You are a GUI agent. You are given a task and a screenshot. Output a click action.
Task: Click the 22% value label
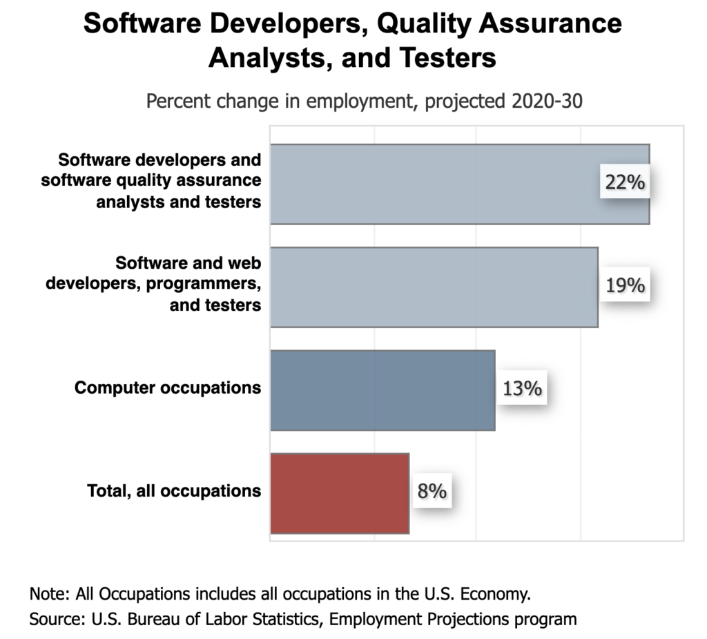[624, 182]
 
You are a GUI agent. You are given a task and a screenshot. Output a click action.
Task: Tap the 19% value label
[624, 285]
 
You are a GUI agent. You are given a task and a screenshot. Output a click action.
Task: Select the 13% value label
[522, 388]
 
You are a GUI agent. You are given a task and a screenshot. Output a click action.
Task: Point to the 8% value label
[432, 491]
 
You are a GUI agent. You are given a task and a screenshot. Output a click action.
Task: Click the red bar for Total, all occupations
[340, 493]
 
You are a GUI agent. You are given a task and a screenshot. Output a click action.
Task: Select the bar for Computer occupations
[382, 390]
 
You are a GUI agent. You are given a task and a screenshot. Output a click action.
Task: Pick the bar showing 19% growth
[434, 287]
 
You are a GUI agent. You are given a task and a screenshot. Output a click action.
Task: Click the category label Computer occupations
[168, 388]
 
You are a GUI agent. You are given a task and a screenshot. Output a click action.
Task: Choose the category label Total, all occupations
[174, 491]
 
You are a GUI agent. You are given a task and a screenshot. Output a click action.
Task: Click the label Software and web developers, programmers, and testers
[153, 284]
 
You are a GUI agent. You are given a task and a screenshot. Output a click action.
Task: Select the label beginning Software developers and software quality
[151, 181]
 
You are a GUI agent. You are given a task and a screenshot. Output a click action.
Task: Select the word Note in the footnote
[45, 594]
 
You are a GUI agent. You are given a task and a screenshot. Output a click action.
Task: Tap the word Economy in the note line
[495, 594]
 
